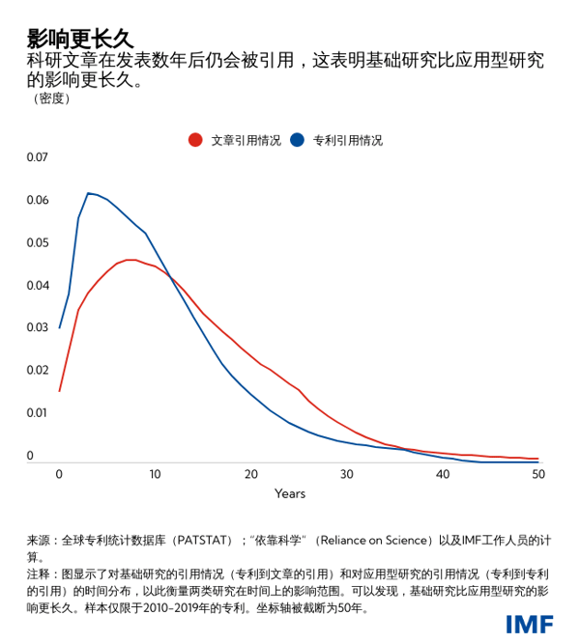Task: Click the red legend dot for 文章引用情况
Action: pyautogui.click(x=195, y=140)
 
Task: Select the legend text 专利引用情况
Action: pyautogui.click(x=347, y=140)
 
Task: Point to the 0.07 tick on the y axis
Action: pyautogui.click(x=37, y=157)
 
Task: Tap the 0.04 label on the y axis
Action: pyautogui.click(x=37, y=285)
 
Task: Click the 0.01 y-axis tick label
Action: pyautogui.click(x=37, y=412)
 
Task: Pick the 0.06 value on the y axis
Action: pyautogui.click(x=37, y=200)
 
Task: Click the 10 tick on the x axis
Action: pyautogui.click(x=155, y=474)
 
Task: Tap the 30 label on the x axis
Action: pyautogui.click(x=346, y=474)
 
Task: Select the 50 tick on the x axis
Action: pyautogui.click(x=537, y=474)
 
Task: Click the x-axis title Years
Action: pyautogui.click(x=290, y=494)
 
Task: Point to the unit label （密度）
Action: pyautogui.click(x=51, y=98)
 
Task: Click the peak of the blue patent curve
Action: pyautogui.click(x=88, y=193)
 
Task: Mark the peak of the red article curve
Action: pyautogui.click(x=130, y=260)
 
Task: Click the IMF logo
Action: pyautogui.click(x=530, y=624)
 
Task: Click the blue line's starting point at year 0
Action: pyautogui.click(x=60, y=327)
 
